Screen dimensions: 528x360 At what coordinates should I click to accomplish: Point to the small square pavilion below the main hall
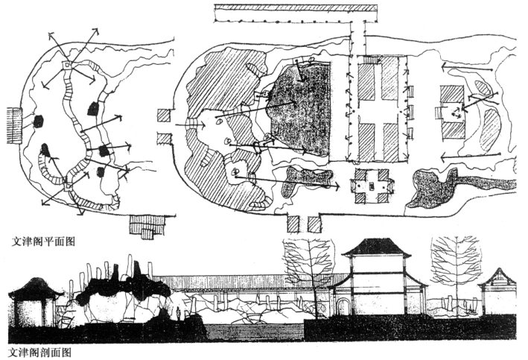click(x=372, y=184)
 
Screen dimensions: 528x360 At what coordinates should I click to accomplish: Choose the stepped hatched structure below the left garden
click(x=148, y=225)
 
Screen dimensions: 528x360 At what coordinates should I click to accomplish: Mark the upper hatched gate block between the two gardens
click(x=165, y=115)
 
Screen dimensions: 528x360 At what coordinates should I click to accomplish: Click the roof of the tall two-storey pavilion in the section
click(x=376, y=248)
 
